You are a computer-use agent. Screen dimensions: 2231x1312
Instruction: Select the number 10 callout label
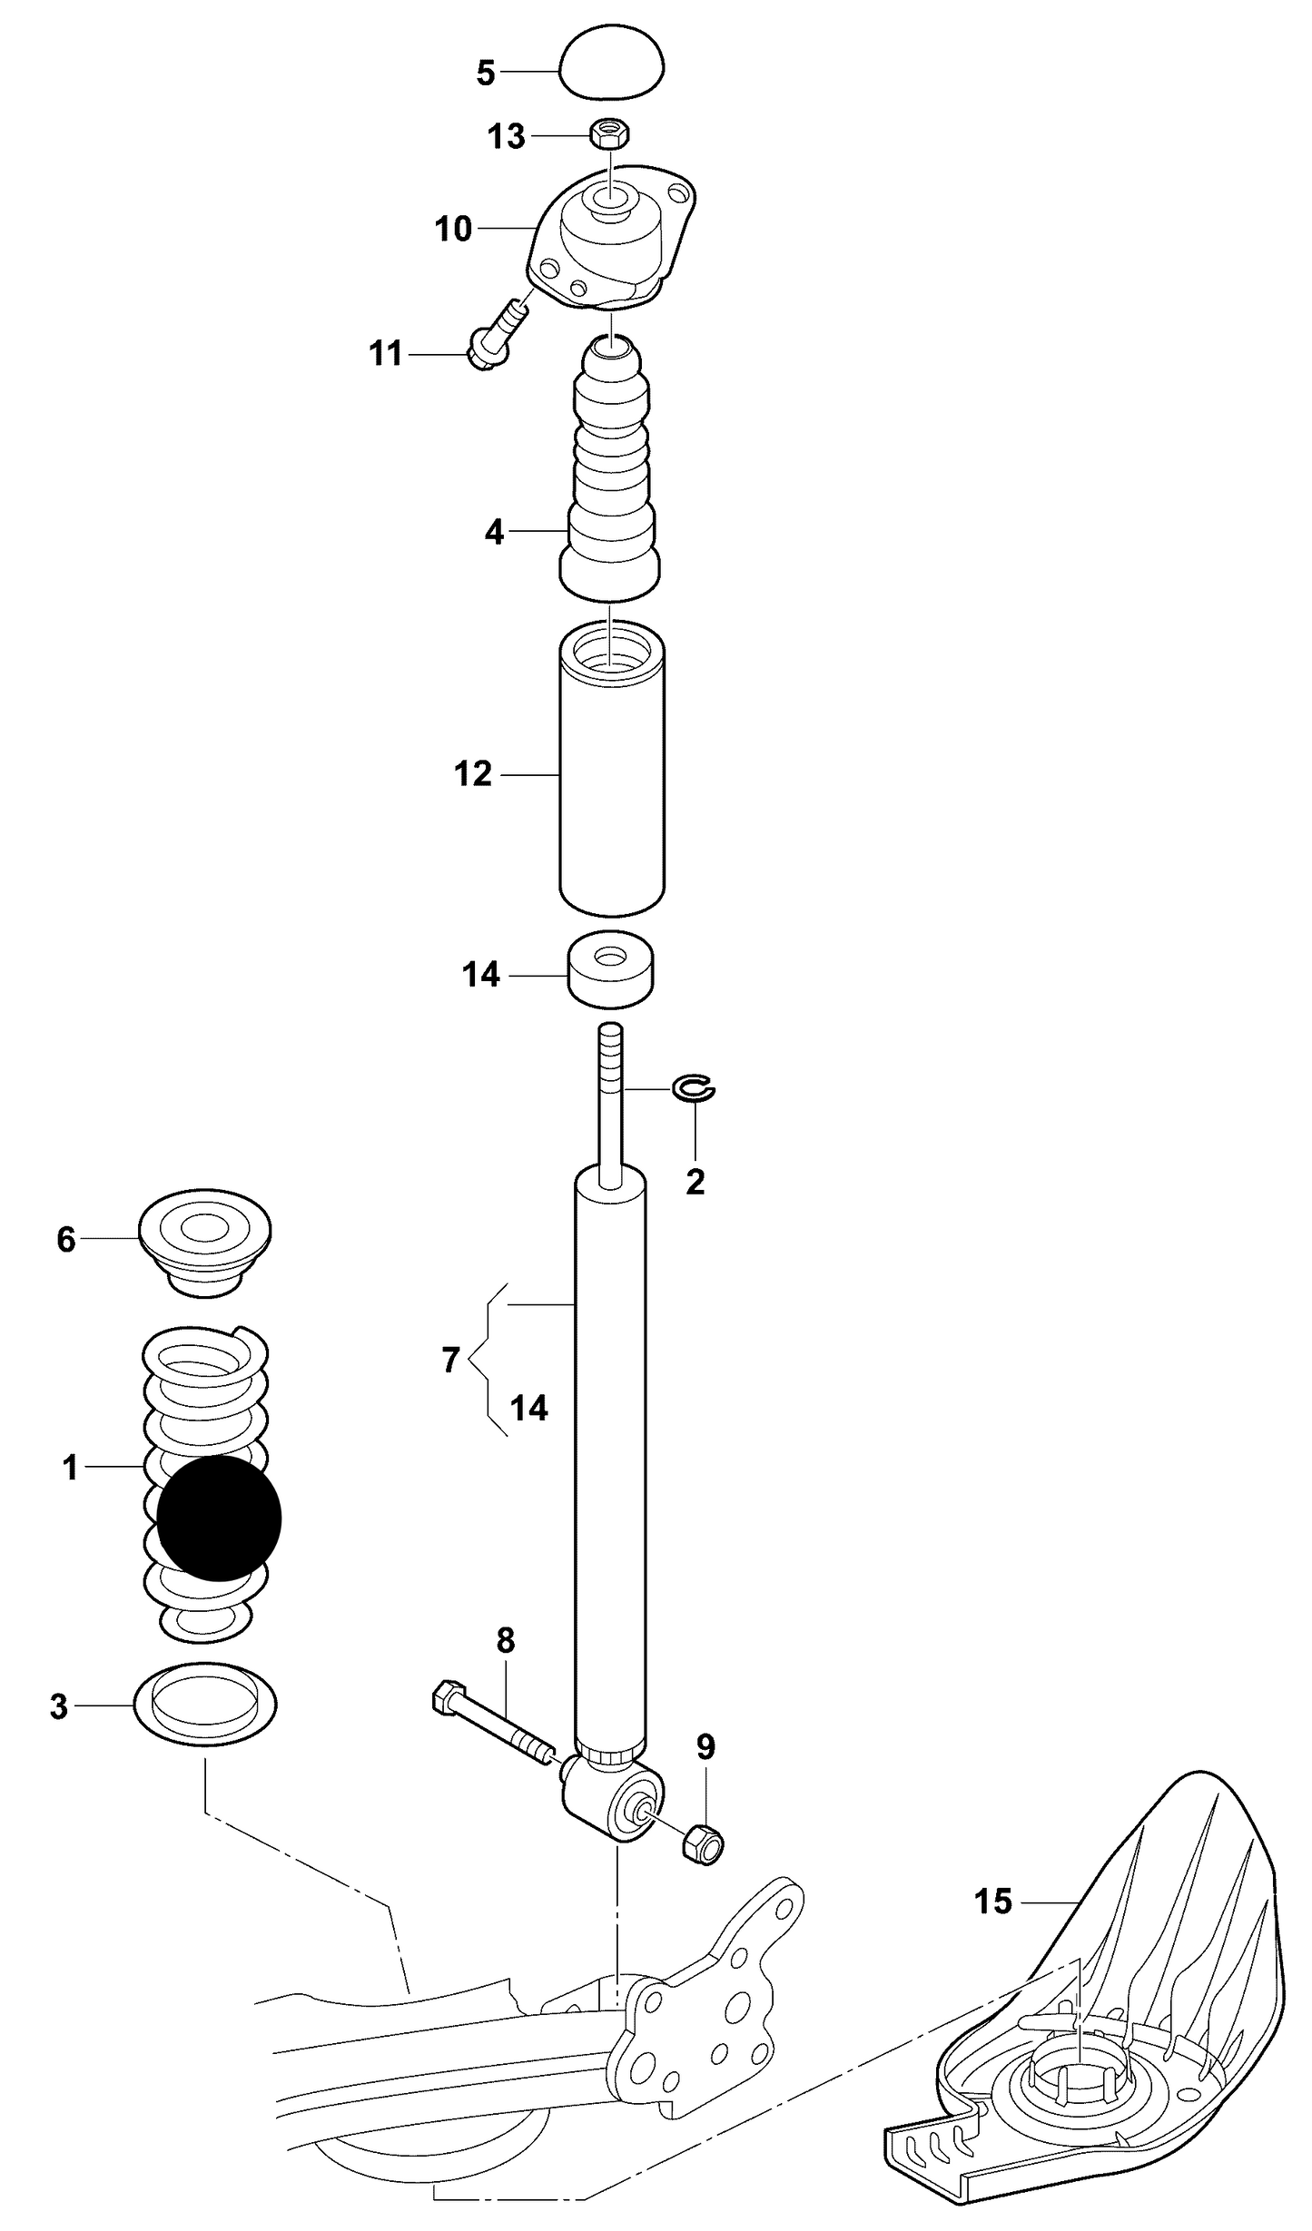point(453,229)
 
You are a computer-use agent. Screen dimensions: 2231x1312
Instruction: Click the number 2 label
point(695,1182)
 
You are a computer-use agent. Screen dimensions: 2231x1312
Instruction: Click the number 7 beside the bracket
point(450,1361)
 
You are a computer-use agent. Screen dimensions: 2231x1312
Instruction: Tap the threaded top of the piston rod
point(610,1053)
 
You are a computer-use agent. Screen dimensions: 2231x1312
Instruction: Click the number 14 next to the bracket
point(528,1408)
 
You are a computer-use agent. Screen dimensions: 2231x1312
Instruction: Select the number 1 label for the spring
point(70,1467)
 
